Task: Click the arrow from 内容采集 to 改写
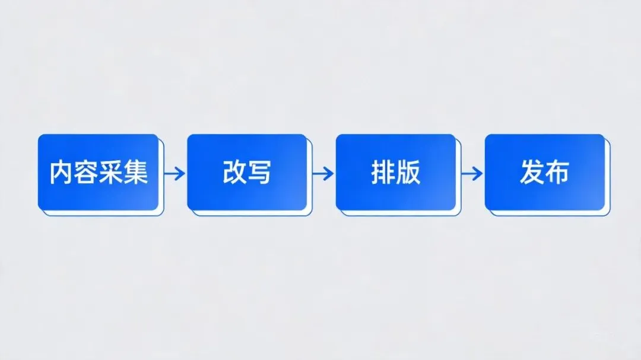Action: coord(174,173)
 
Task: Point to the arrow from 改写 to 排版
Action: coord(323,173)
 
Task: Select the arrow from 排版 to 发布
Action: coord(472,173)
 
